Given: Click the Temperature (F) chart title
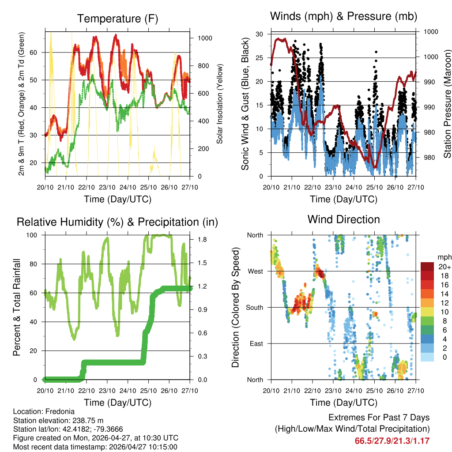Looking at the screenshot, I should (117, 19).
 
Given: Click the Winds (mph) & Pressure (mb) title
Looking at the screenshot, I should (343, 16).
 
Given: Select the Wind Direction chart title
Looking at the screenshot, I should (343, 219).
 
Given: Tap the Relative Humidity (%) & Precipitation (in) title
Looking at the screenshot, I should (117, 222).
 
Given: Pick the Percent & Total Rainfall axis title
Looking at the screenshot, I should (17, 307).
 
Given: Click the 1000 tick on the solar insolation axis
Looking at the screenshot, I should (205, 38).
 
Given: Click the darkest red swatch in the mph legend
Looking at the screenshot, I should (427, 267).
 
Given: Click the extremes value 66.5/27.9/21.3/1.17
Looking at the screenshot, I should (392, 441).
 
